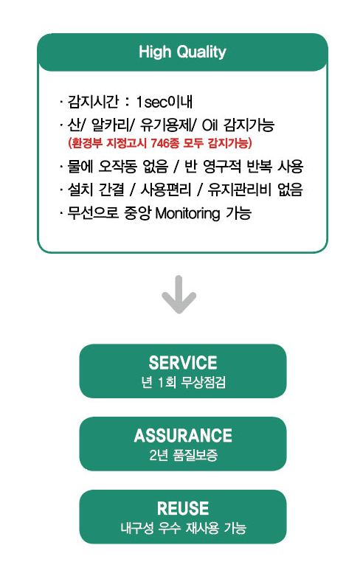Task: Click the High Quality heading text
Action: click(182, 52)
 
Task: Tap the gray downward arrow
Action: click(179, 294)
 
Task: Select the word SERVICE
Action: click(183, 363)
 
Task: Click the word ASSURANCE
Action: click(183, 435)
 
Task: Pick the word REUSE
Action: click(183, 508)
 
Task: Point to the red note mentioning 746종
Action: click(160, 142)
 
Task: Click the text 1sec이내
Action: click(165, 102)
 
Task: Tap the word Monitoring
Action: click(187, 213)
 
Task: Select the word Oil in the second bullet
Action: click(210, 125)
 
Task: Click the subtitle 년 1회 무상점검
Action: click(183, 383)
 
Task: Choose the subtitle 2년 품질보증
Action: click(183, 455)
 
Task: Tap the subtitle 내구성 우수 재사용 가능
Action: click(183, 528)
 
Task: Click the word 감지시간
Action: click(93, 102)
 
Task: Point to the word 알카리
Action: click(109, 125)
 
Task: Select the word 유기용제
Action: click(166, 125)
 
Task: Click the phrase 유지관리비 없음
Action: click(255, 190)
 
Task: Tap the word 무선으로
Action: click(93, 213)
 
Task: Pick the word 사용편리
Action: click(166, 190)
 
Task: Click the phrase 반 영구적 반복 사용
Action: click(244, 167)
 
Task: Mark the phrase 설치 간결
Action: click(96, 190)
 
